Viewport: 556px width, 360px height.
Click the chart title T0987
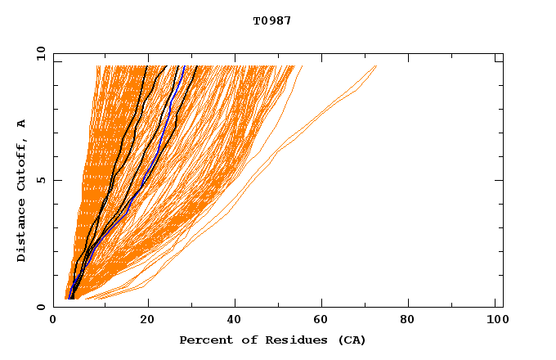(271, 21)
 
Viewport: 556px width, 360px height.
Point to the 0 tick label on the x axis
(54, 322)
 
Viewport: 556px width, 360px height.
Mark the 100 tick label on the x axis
(496, 322)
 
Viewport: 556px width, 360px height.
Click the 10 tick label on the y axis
(40, 54)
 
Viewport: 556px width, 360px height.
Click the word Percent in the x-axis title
(203, 340)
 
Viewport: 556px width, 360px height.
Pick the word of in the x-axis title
(240, 340)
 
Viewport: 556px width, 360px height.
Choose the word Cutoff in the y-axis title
(22, 165)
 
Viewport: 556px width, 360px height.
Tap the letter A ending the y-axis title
(22, 124)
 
